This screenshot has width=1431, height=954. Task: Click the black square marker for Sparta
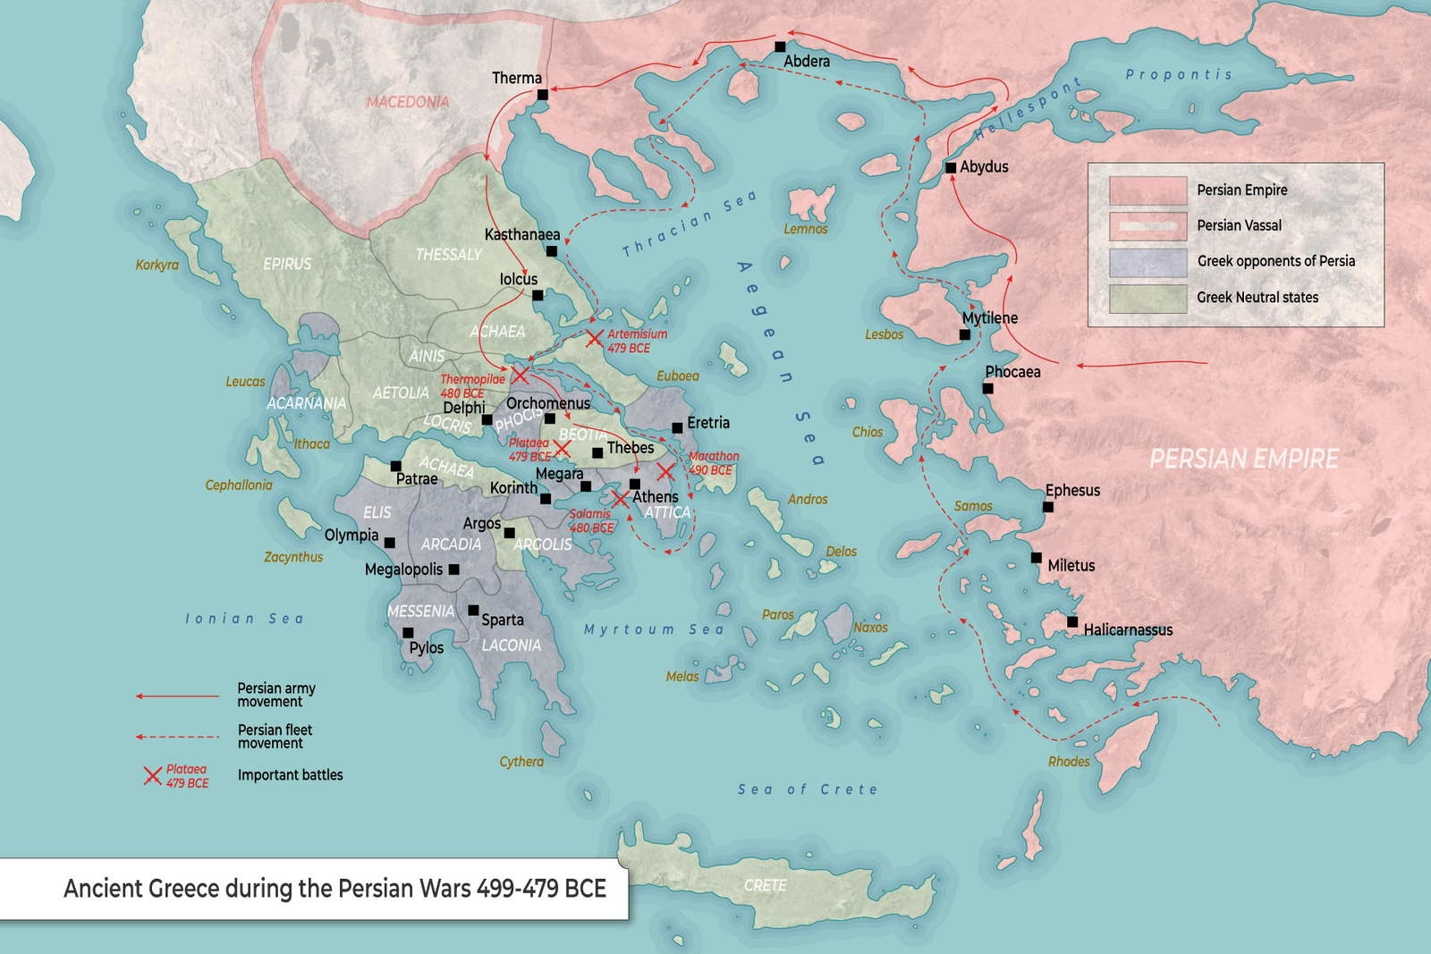click(x=473, y=610)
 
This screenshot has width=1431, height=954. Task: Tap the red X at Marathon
click(x=665, y=471)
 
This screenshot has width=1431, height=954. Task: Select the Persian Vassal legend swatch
click(x=1147, y=226)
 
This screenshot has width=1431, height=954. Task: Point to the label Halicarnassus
click(x=1128, y=629)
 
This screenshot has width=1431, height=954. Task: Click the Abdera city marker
click(x=780, y=46)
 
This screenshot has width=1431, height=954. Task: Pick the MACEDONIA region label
click(x=407, y=102)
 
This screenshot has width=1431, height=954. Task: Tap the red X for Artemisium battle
click(x=595, y=338)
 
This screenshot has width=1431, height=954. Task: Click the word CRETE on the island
click(x=765, y=885)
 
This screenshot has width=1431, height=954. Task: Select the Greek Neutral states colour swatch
click(x=1147, y=298)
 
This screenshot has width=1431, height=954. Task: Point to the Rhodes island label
click(x=1069, y=762)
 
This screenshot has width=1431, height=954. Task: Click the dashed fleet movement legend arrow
click(x=177, y=737)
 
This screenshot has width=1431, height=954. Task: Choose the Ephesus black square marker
click(x=1048, y=507)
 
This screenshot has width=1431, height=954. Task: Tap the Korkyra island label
click(x=157, y=265)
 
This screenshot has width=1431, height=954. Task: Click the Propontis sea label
click(x=1178, y=74)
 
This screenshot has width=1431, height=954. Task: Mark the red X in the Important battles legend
click(x=153, y=775)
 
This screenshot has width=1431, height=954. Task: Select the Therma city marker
click(x=542, y=94)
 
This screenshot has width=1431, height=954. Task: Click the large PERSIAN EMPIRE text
click(x=1243, y=459)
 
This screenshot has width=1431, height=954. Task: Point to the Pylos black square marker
click(x=408, y=632)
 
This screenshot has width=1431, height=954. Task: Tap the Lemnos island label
click(x=805, y=229)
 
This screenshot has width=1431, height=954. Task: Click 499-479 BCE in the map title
click(x=541, y=888)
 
